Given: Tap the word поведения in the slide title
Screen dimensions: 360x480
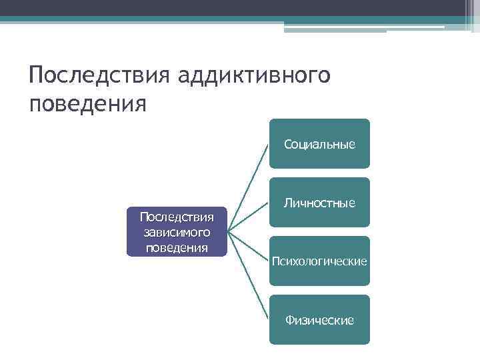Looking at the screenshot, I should tap(87, 105).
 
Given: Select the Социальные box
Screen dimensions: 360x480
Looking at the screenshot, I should tap(319, 143).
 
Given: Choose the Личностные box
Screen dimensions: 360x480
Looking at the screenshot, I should tap(319, 202).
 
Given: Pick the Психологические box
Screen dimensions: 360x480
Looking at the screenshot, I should tap(319, 261).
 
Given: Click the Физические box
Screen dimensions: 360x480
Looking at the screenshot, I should tap(319, 319).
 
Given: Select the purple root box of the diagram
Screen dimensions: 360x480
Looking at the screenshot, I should tap(177, 232).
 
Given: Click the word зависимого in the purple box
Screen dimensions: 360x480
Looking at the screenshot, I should tap(177, 232).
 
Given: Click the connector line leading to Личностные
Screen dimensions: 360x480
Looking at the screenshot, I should tap(248, 217).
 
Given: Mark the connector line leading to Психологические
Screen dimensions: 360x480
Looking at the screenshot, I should tap(248, 246).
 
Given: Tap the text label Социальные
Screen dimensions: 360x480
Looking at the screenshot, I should tap(319, 144).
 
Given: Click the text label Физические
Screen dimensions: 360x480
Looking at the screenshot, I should tap(319, 321).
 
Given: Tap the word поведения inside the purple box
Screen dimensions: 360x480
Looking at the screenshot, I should tap(177, 247).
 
